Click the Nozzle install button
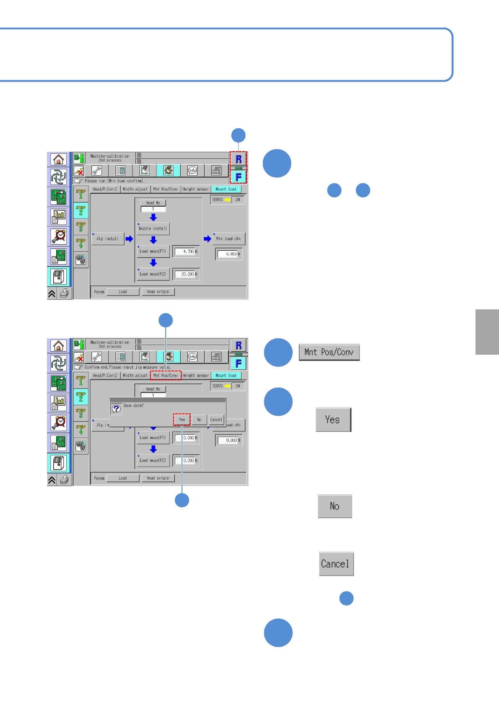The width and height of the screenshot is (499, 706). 153,228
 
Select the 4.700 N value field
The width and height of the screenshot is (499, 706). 186,252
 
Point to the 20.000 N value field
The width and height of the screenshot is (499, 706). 186,274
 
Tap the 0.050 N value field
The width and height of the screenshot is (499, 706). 229,254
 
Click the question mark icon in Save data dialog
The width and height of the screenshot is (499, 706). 116,409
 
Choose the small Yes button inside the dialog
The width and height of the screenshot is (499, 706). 182,419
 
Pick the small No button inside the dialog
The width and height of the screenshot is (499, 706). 199,419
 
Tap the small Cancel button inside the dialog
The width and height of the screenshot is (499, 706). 216,419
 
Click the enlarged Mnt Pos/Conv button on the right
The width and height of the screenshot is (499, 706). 329,352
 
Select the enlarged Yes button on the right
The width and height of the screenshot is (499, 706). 333,420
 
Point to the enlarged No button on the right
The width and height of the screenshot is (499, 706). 335,506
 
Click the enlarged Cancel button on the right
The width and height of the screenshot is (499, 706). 336,564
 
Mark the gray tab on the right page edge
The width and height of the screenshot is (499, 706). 487,332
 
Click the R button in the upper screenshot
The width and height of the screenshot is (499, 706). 238,159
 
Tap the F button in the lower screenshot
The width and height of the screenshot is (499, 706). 238,363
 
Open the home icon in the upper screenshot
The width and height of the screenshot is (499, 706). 59,159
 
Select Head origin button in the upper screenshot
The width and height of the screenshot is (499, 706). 158,292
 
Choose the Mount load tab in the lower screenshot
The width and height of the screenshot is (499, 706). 226,376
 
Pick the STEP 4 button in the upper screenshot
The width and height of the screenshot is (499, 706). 81,243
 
